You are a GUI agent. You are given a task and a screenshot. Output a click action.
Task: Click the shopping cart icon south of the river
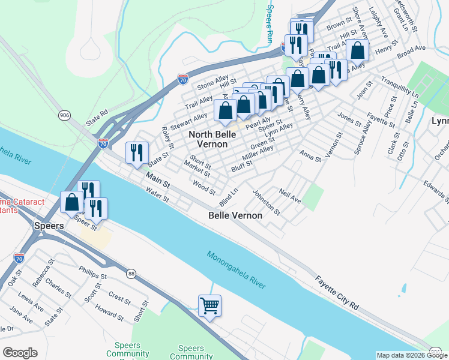tap(209, 306)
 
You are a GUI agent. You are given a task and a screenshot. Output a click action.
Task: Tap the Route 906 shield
tap(64, 115)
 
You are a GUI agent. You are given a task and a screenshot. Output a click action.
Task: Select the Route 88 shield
tap(131, 274)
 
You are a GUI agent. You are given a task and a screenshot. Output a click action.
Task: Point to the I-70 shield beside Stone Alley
tap(183, 79)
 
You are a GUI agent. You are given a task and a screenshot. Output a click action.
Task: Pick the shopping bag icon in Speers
tap(72, 202)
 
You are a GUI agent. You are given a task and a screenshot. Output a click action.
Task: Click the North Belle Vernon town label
tap(208, 139)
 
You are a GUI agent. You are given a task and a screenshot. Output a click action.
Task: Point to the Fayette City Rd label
tap(337, 292)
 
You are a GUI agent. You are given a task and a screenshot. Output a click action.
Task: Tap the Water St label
tap(158, 196)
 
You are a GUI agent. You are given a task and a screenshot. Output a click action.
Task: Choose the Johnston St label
tap(266, 202)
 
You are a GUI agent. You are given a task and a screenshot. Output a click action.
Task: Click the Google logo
tap(20, 353)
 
